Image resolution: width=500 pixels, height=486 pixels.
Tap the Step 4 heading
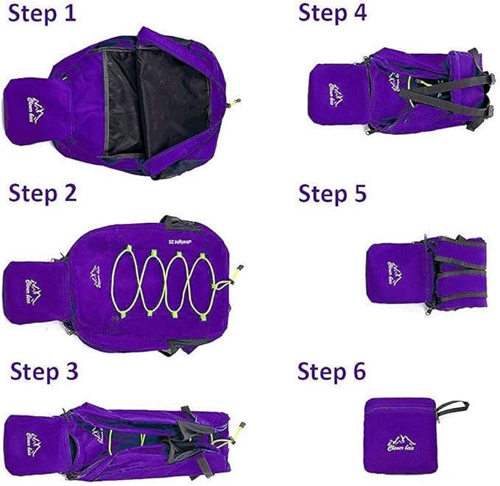click(x=332, y=13)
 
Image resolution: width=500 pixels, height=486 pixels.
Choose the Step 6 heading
click(x=331, y=372)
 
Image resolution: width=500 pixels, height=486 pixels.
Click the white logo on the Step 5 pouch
click(x=393, y=272)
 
